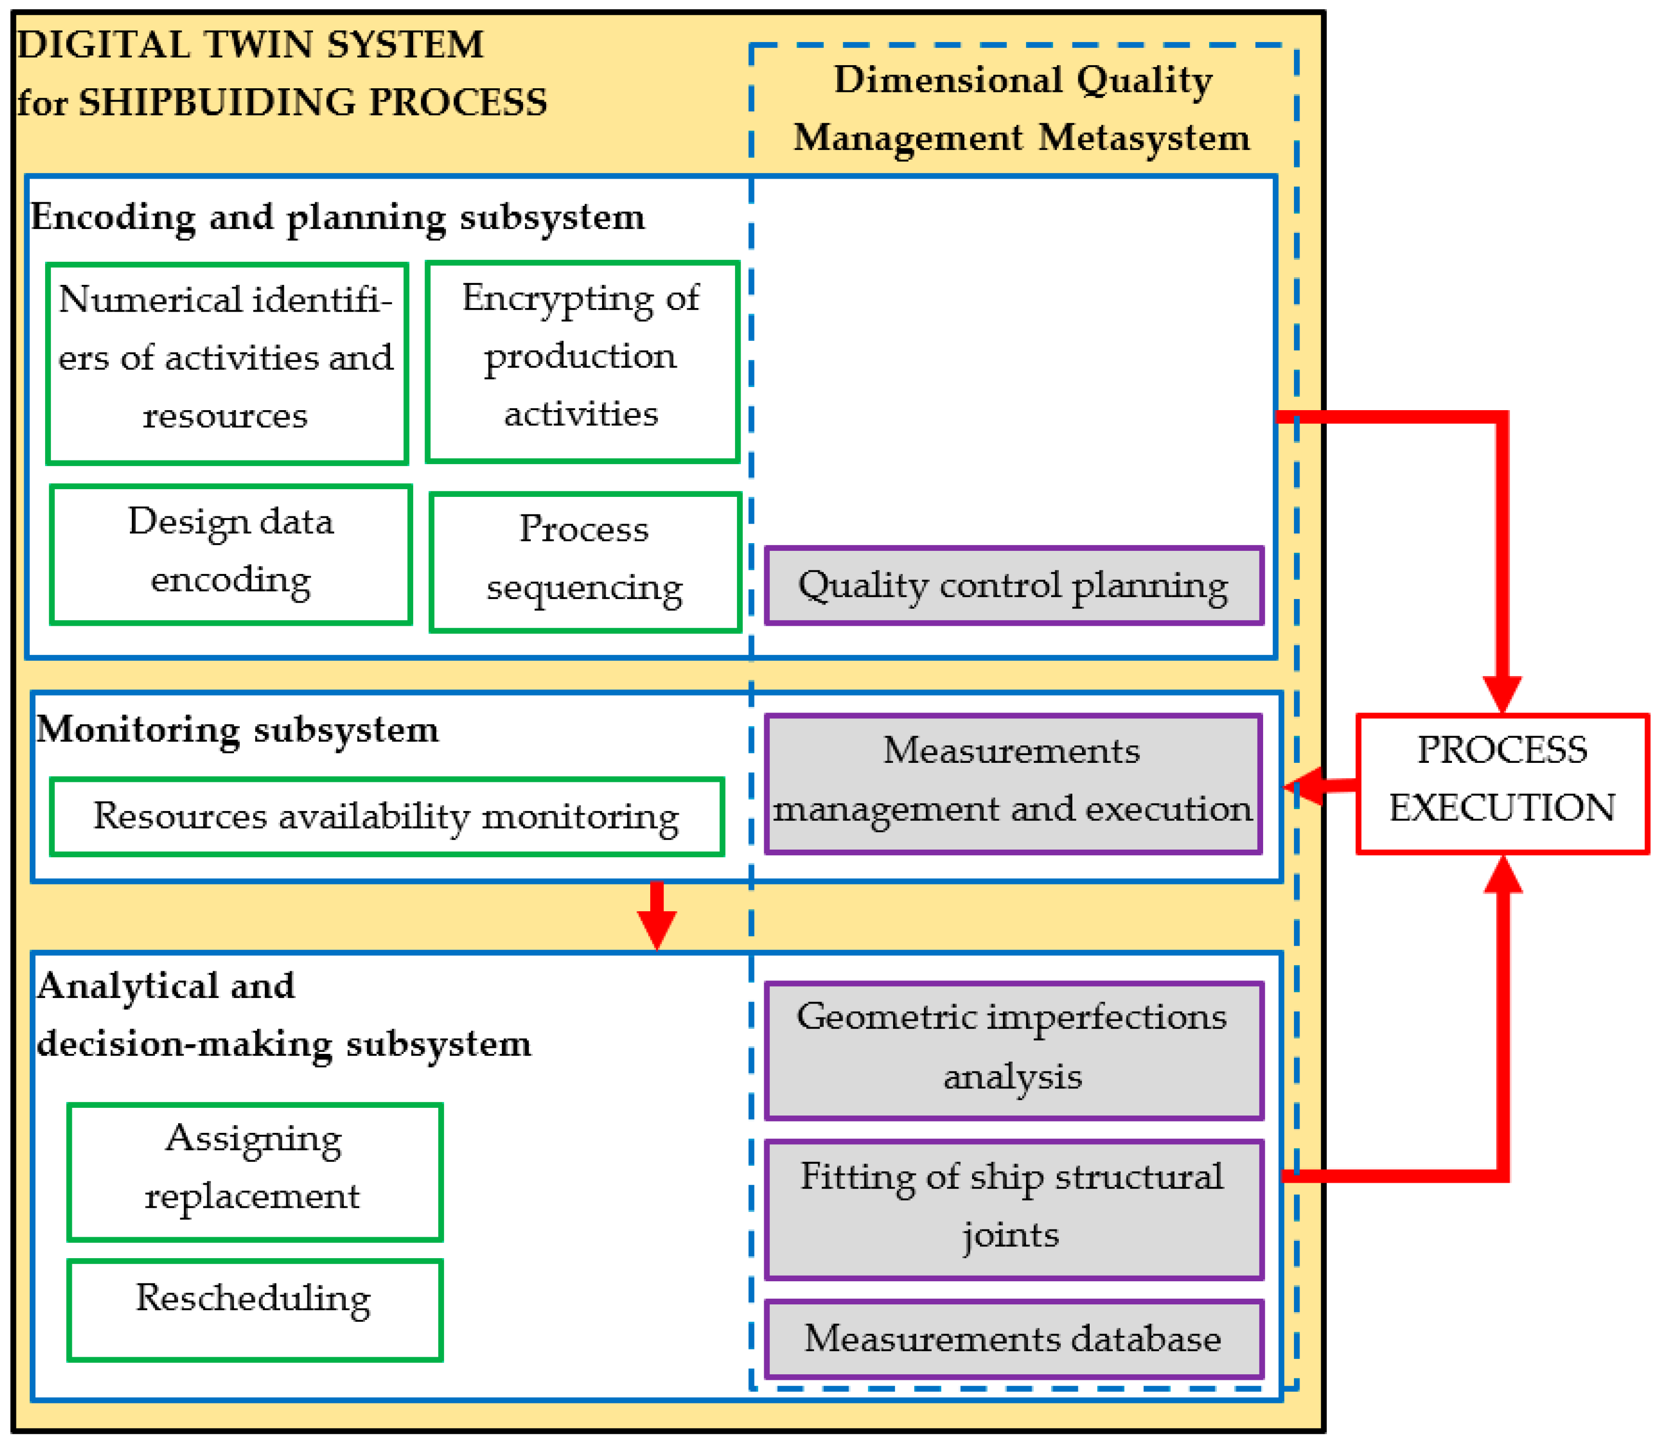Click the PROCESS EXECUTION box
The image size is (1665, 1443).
(x=1502, y=783)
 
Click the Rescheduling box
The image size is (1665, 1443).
(x=255, y=1310)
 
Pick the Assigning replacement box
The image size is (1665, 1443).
(x=255, y=1171)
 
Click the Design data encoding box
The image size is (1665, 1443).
(x=230, y=554)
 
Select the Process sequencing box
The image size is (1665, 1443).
(x=585, y=561)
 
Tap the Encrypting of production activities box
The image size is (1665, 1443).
(x=582, y=361)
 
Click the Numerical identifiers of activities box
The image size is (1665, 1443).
(x=227, y=363)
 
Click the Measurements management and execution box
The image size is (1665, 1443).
(x=1013, y=783)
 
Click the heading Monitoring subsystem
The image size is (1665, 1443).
(x=238, y=729)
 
